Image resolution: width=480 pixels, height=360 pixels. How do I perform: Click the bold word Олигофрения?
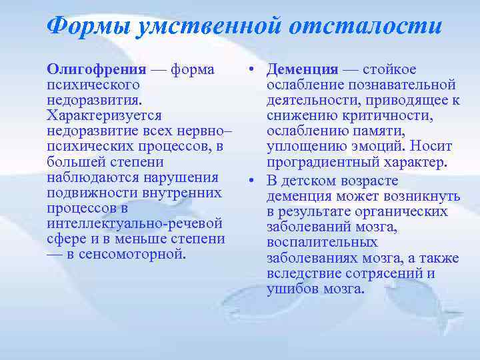[96, 69]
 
